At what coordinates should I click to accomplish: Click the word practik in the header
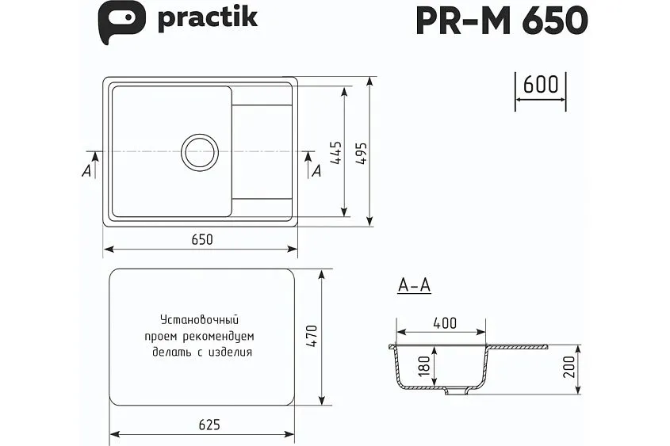[x=207, y=17]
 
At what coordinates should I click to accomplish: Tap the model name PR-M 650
[x=501, y=21]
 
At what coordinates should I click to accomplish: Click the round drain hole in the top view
[x=199, y=152]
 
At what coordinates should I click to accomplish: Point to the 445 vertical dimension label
[x=336, y=152]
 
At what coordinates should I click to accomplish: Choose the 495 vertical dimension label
[x=361, y=153]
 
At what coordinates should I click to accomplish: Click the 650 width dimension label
[x=201, y=240]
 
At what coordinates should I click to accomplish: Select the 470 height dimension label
[x=312, y=337]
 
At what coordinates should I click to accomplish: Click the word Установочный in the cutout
[x=199, y=321]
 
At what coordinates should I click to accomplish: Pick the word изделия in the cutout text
[x=231, y=353]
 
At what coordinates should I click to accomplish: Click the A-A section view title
[x=413, y=287]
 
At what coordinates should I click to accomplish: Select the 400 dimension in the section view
[x=445, y=323]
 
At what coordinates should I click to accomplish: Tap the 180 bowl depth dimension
[x=424, y=366]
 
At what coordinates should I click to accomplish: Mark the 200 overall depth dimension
[x=569, y=368]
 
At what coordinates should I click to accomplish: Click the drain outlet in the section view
[x=454, y=391]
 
